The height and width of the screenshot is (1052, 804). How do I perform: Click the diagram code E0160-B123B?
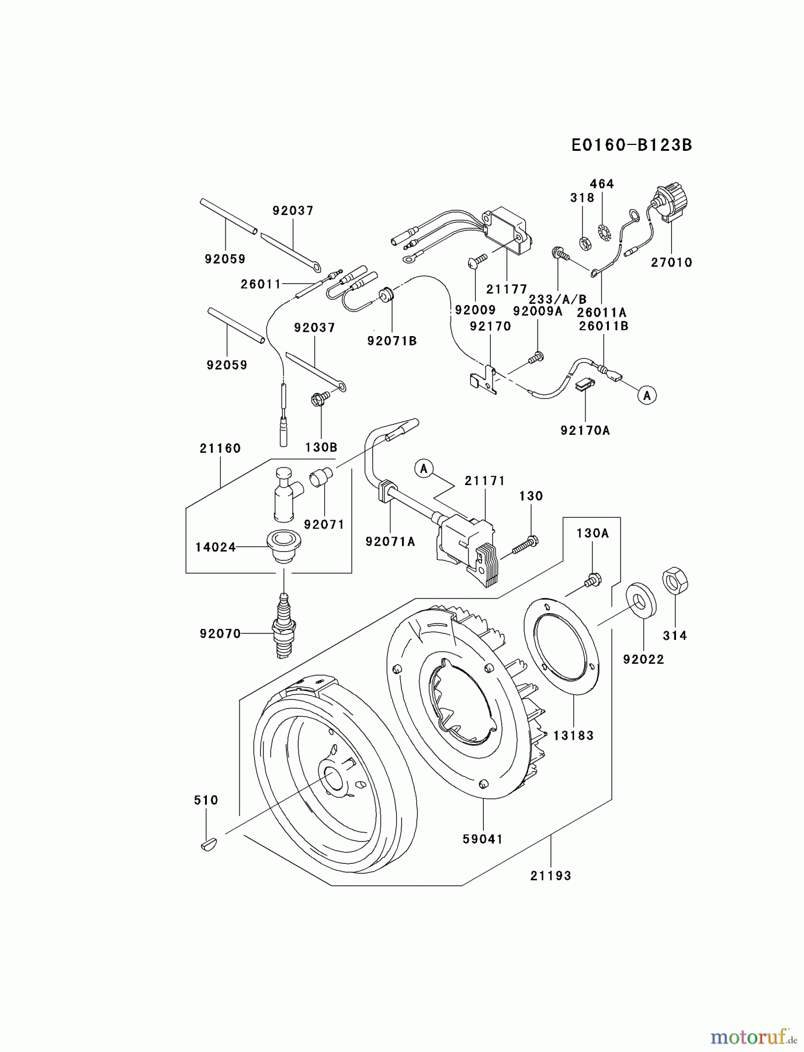(x=632, y=145)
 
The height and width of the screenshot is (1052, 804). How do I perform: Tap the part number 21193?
(x=550, y=875)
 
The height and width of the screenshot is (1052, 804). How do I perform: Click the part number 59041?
(x=483, y=839)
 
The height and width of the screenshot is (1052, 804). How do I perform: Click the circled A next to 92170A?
(x=647, y=396)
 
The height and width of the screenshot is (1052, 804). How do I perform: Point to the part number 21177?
(x=507, y=289)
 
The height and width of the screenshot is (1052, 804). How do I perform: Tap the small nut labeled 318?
(x=583, y=240)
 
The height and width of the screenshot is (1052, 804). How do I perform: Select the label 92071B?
(x=392, y=341)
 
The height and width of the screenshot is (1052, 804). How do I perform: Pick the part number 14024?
(x=215, y=547)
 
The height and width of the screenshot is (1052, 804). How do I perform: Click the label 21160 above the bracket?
(x=220, y=448)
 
